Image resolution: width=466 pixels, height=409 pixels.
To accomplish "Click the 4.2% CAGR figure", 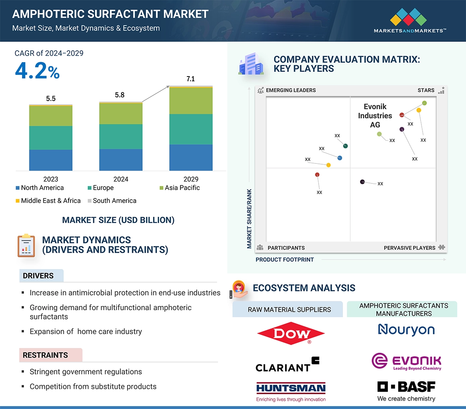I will point(37,71).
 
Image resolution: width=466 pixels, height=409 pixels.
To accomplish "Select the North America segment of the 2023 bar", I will point(51,160).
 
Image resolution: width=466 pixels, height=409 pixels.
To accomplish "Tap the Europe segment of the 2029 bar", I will point(191,129).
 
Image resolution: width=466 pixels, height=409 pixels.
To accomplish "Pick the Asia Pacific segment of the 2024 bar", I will point(121,114).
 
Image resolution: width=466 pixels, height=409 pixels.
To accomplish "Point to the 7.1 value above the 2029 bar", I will point(191,79).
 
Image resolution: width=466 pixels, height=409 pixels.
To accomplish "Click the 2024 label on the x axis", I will point(121,179).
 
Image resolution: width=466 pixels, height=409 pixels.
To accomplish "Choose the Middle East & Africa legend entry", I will point(48,201).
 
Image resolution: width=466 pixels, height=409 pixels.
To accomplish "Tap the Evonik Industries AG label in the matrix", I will point(375,116).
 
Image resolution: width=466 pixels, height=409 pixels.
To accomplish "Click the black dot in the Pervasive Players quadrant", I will point(362,182).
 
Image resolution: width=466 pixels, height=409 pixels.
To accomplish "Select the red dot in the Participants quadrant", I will point(317,175).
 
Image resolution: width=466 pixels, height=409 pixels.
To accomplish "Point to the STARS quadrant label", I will point(426,90).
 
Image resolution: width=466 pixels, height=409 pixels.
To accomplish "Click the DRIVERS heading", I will point(38,275).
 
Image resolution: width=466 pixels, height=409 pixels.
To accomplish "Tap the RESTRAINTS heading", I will point(45,355).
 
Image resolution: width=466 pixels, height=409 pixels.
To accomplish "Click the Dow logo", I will point(291,333).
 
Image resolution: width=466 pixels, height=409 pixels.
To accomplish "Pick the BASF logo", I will point(406,391).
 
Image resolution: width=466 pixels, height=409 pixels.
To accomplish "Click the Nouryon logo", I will point(406,329).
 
